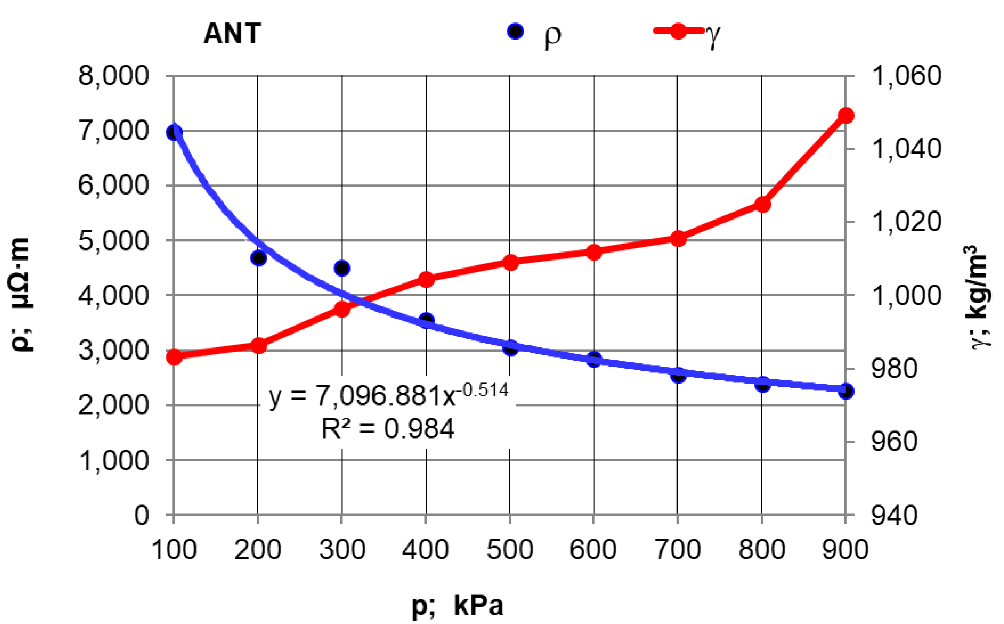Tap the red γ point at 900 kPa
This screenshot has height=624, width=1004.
(846, 116)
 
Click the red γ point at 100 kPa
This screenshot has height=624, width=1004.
(174, 357)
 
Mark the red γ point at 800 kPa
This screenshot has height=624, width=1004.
(762, 204)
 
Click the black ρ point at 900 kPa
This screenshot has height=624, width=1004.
(846, 391)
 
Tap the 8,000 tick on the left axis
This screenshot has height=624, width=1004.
(113, 76)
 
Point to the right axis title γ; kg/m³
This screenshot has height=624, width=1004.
(979, 297)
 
